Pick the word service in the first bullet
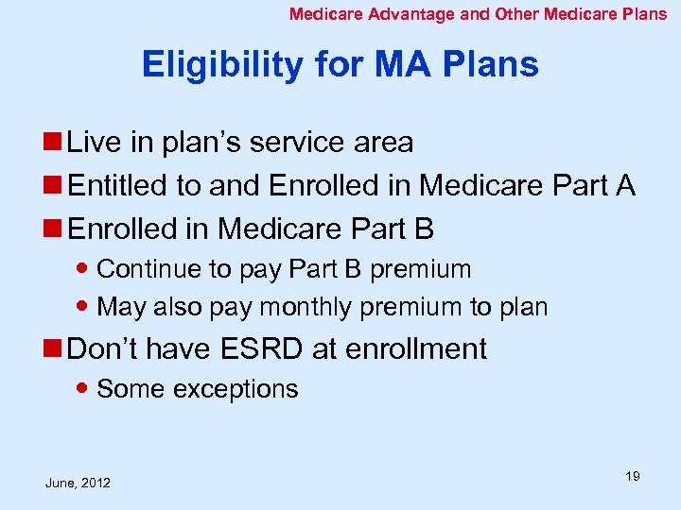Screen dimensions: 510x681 [308, 143]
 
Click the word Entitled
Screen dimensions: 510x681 [119, 186]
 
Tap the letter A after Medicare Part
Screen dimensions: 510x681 [624, 186]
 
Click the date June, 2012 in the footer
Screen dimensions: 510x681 [78, 483]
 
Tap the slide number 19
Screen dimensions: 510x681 [632, 476]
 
